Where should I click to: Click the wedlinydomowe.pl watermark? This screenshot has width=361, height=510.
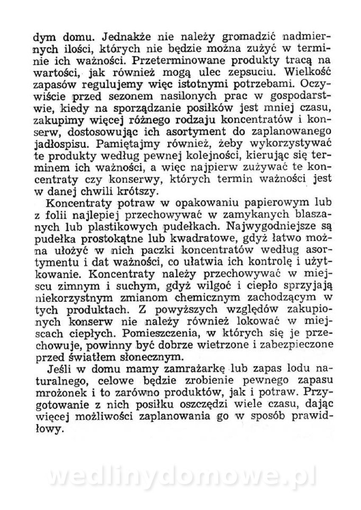(183, 477)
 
